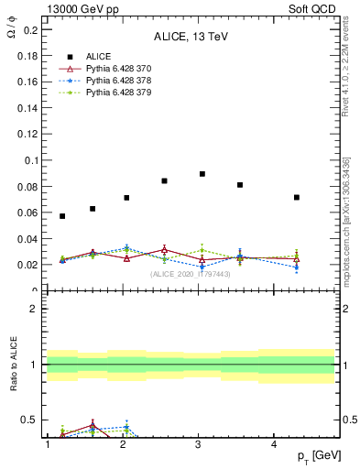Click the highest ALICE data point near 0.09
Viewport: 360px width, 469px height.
[202, 174]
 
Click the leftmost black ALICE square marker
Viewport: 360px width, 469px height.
[62, 216]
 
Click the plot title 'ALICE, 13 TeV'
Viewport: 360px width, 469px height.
[190, 37]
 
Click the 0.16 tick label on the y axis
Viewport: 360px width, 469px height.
[27, 82]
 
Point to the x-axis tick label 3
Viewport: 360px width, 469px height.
[198, 444]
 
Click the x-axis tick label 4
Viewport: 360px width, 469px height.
[274, 444]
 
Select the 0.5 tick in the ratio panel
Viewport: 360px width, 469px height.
[28, 420]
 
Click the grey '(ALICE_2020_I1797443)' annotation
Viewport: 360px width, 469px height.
[190, 274]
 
